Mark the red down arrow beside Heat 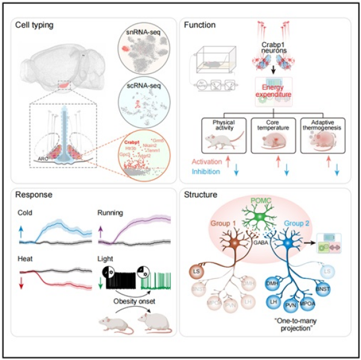(22, 281)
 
